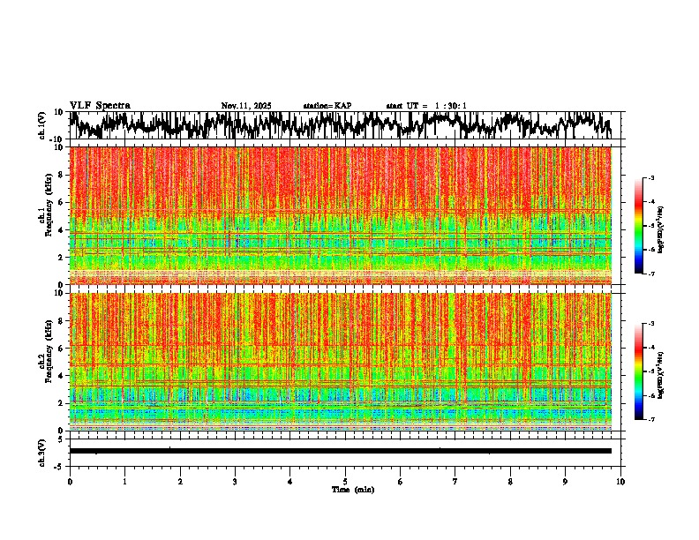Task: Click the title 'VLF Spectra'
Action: (x=100, y=105)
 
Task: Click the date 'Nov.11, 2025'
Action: (x=246, y=106)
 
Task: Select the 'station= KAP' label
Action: (x=327, y=106)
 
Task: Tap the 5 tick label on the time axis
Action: (x=345, y=482)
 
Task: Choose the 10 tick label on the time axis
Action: (x=620, y=482)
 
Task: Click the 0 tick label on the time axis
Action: (x=70, y=482)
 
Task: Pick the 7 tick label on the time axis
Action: (x=455, y=482)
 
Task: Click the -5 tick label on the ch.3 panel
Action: (x=60, y=465)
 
